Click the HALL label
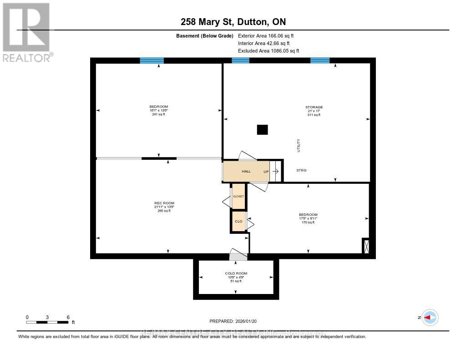[x=246, y=171]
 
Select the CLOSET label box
[x=238, y=196]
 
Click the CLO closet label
[x=238, y=221]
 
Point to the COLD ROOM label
[x=236, y=273]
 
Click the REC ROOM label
[x=164, y=203]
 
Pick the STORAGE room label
[x=314, y=107]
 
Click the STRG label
[x=301, y=170]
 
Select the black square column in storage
[x=263, y=130]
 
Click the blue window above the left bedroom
[x=152, y=61]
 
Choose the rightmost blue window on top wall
[x=320, y=61]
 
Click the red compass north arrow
[x=430, y=317]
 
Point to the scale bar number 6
[x=67, y=317]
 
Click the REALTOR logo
[x=27, y=32]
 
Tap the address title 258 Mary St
[x=233, y=22]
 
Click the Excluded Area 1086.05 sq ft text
[x=268, y=51]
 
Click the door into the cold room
[x=238, y=255]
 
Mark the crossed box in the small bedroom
[x=365, y=246]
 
